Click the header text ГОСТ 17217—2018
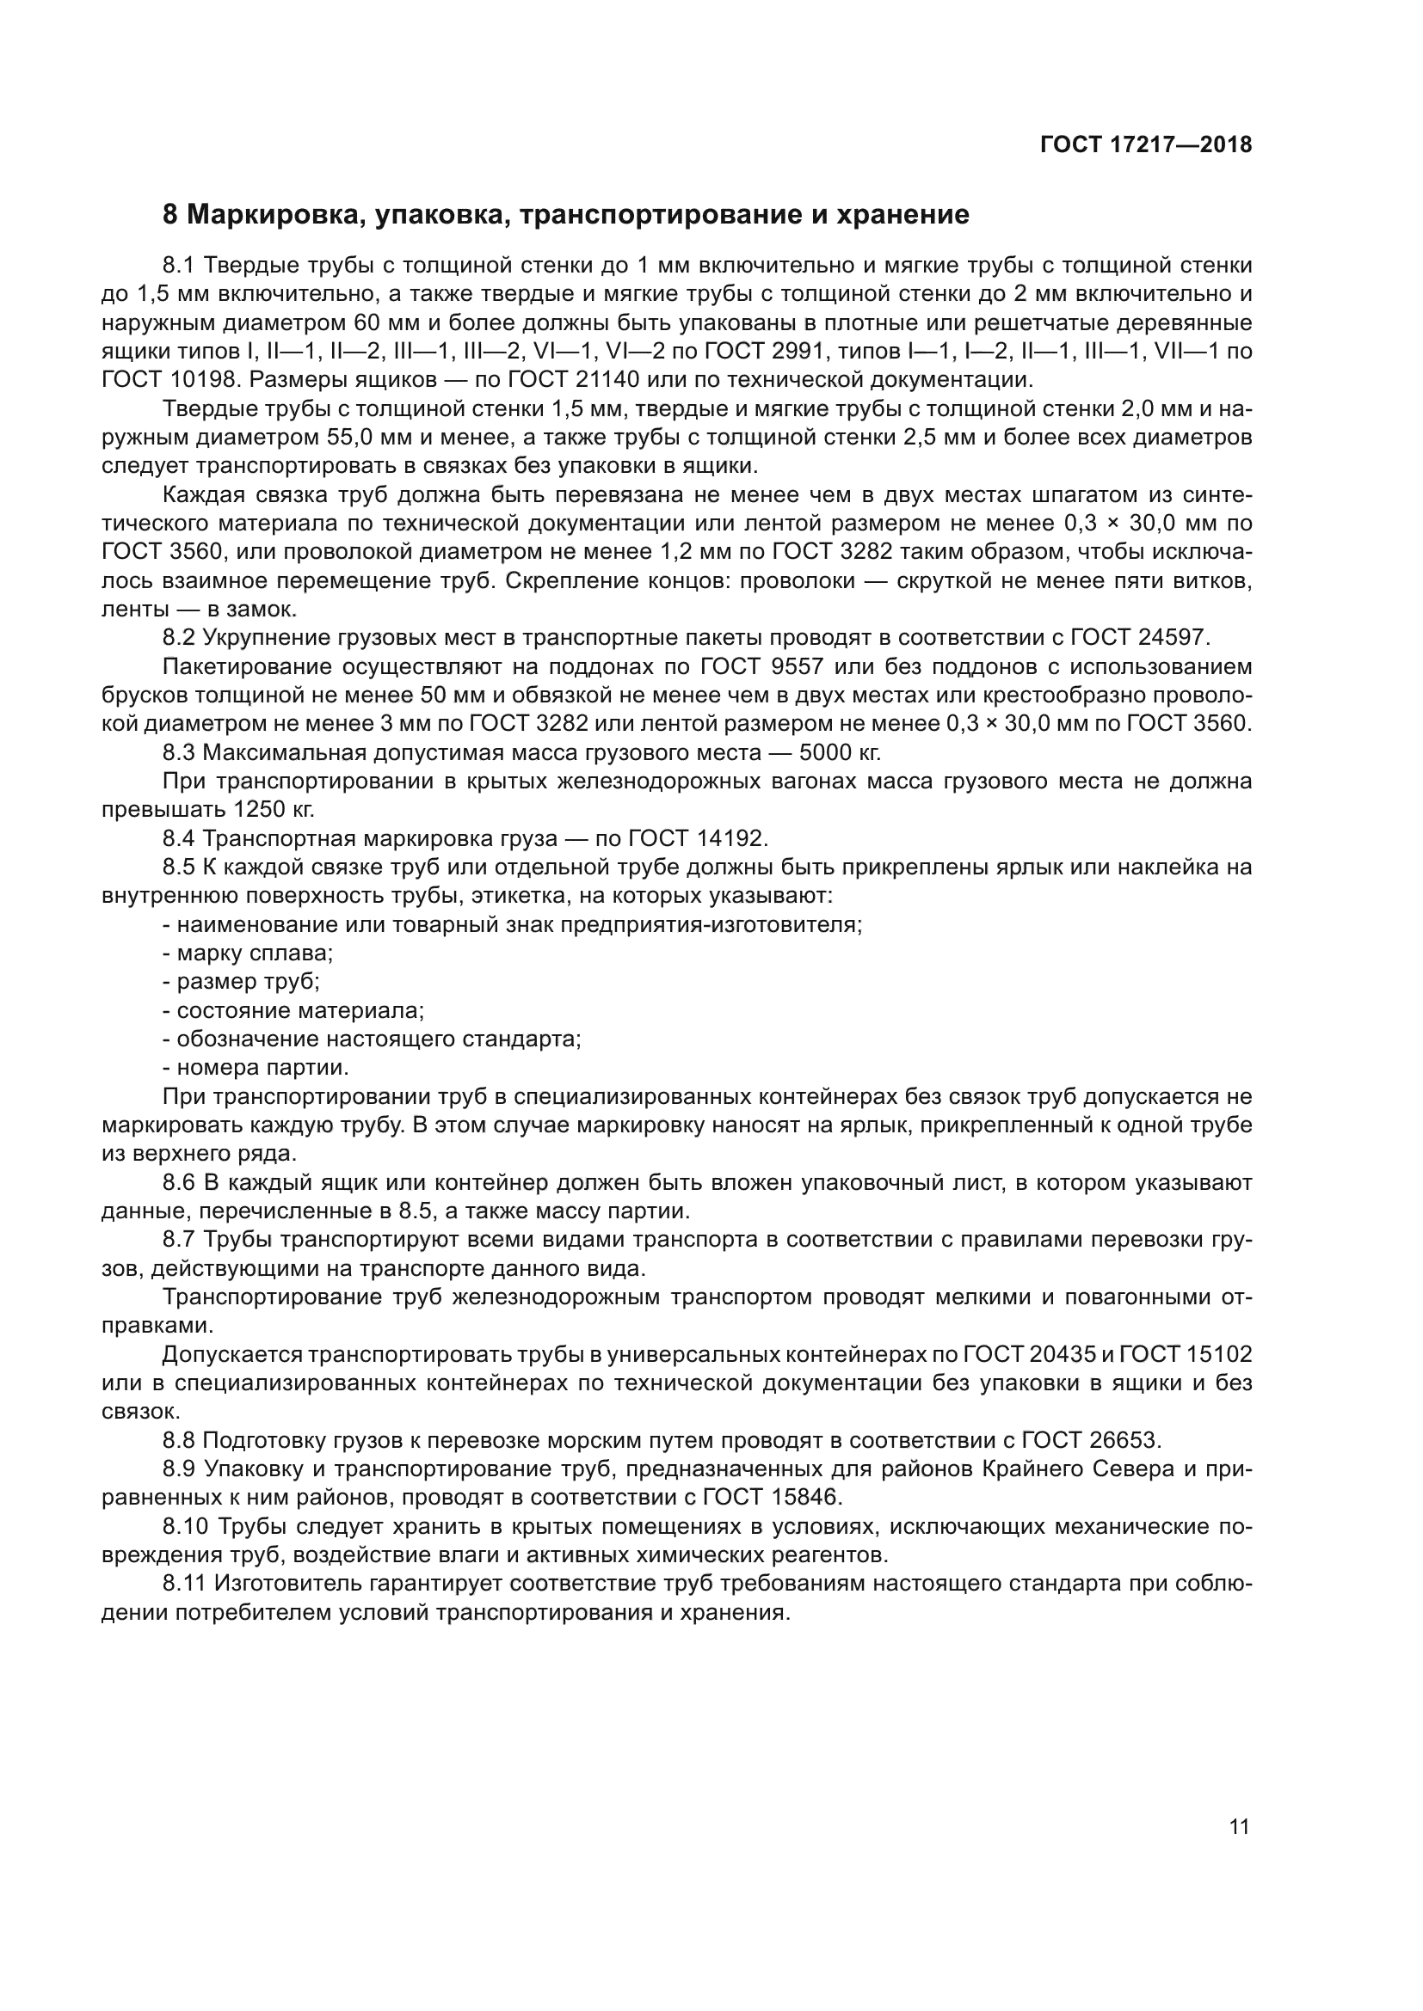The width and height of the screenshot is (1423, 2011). click(x=1145, y=145)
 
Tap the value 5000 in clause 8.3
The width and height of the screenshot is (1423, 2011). click(x=822, y=752)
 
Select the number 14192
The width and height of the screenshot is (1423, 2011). click(x=731, y=838)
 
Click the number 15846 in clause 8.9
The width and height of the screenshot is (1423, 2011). click(x=804, y=1498)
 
